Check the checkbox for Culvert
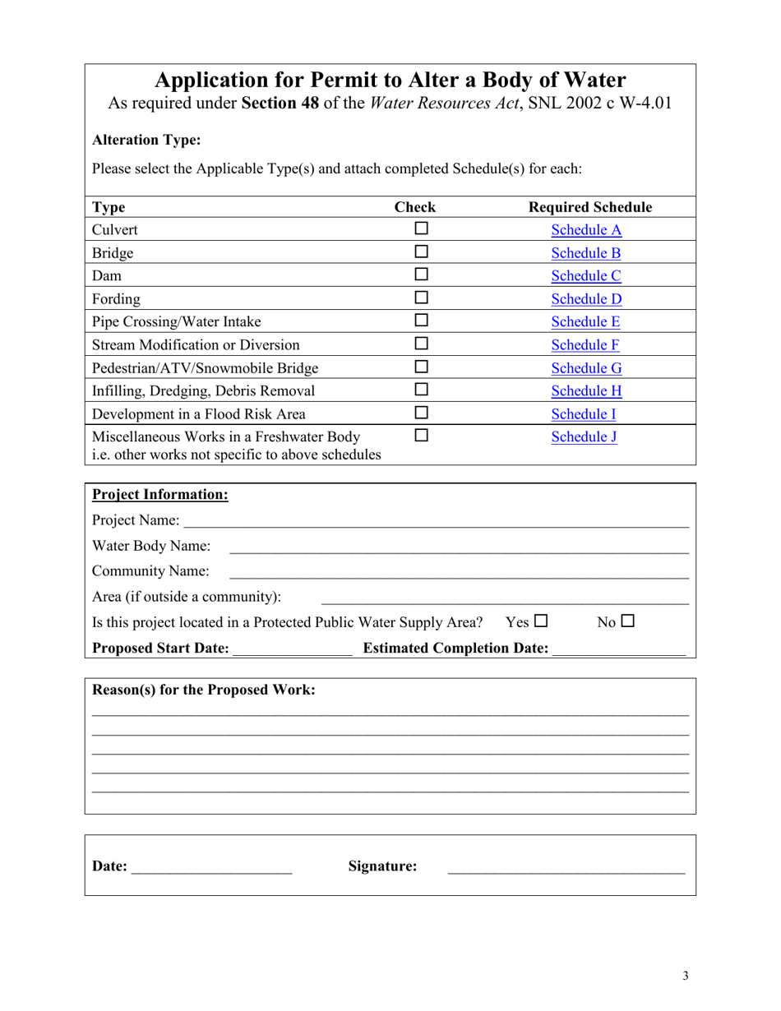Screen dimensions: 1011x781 tap(422, 229)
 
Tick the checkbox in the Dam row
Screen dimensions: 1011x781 tap(422, 275)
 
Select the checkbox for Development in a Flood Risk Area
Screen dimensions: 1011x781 tap(422, 413)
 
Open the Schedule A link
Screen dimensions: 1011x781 tap(586, 230)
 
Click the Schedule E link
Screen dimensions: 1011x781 tap(586, 322)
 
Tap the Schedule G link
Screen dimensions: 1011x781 tap(586, 368)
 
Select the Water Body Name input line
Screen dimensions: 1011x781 tap(458, 547)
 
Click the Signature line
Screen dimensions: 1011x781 tap(566, 867)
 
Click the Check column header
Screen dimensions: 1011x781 tap(415, 207)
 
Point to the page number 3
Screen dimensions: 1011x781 tap(685, 976)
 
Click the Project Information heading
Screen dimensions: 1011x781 tap(159, 495)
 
